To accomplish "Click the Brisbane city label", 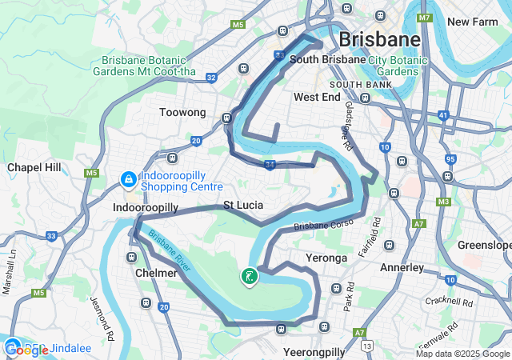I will click(379, 39).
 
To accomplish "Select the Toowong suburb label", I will click(182, 113).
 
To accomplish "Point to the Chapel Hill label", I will click(34, 167).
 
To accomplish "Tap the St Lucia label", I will click(243, 206).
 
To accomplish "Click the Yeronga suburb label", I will click(327, 258).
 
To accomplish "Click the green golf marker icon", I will click(249, 278).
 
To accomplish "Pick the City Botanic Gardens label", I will click(394, 66).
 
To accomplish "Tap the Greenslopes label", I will click(485, 245).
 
